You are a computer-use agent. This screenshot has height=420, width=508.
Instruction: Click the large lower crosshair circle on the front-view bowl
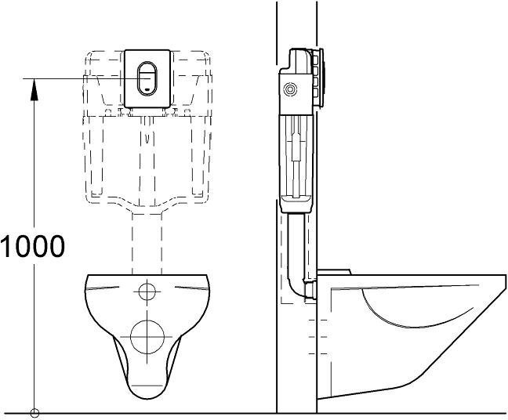(x=147, y=338)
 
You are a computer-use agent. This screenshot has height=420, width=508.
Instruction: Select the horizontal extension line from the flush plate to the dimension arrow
(x=78, y=78)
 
